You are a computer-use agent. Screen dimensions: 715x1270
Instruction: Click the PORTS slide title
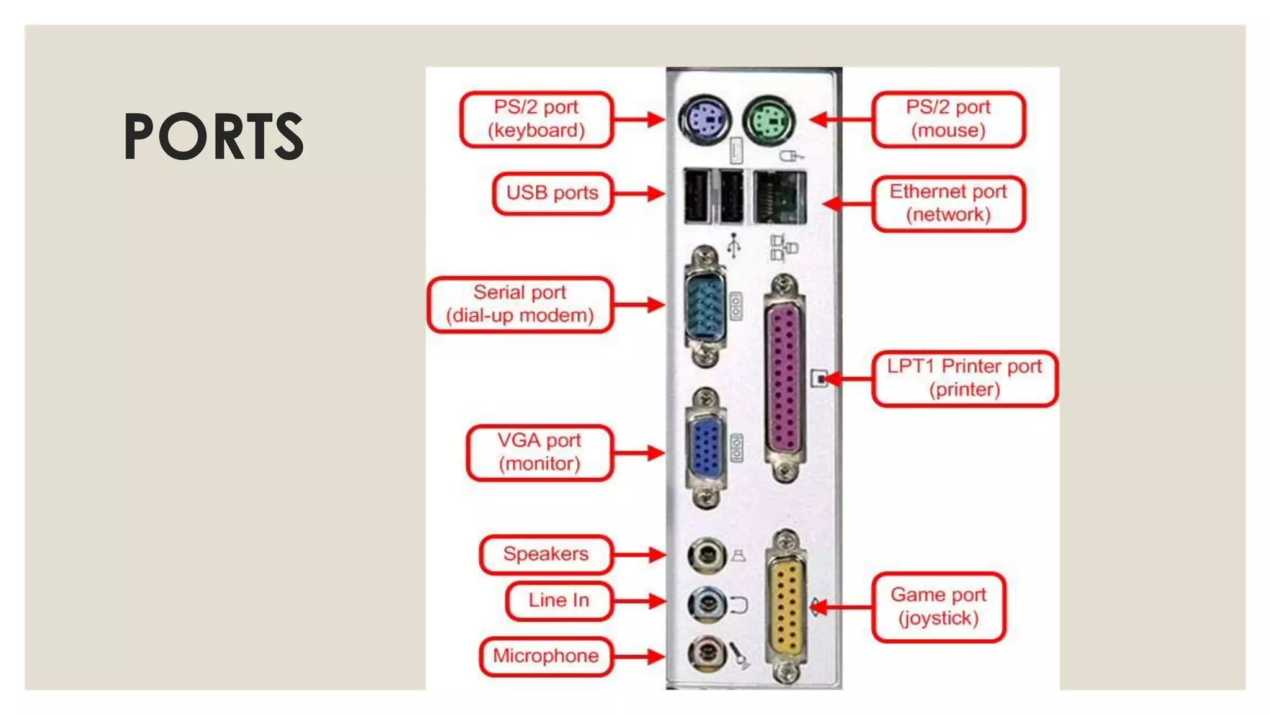click(x=214, y=136)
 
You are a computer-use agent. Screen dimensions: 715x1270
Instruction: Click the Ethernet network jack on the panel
click(x=780, y=197)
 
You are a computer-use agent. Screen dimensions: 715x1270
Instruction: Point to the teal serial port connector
click(x=705, y=306)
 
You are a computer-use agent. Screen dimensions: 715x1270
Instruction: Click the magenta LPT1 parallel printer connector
click(x=784, y=379)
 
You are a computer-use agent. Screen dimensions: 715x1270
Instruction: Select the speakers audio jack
click(x=706, y=554)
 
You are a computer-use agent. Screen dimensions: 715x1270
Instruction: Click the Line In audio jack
click(x=706, y=603)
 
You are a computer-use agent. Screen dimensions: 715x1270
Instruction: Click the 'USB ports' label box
click(x=552, y=194)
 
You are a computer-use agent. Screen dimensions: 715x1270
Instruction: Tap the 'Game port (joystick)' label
click(x=938, y=606)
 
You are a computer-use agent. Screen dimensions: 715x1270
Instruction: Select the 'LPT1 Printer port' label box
click(x=964, y=378)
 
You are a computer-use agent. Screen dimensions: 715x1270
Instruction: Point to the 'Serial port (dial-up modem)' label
click(x=520, y=304)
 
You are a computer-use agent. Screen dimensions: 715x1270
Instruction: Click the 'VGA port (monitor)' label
click(x=539, y=452)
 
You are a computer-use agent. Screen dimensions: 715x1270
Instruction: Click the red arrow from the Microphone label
click(x=639, y=656)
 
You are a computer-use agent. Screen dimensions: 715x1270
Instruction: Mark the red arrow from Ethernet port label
click(x=847, y=204)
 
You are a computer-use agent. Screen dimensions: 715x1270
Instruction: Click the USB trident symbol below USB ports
click(x=734, y=245)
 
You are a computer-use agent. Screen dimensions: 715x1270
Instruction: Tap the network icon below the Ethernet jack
click(x=783, y=248)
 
